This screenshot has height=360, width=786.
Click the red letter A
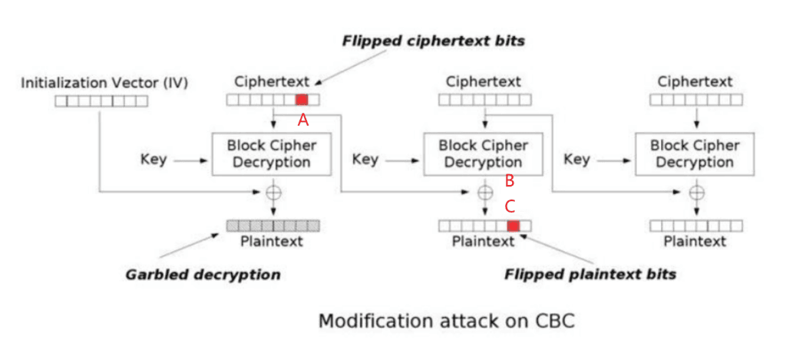[x=303, y=121]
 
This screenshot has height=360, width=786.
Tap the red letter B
[x=508, y=181]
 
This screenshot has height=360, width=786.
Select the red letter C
[x=509, y=206]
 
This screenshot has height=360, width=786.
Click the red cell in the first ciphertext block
[x=302, y=99]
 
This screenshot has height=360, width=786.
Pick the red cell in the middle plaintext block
[x=514, y=226]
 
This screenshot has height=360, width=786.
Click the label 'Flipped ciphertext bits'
[x=433, y=41]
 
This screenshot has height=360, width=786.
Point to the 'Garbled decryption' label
[x=203, y=274]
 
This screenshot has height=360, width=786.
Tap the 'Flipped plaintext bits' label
[x=589, y=274]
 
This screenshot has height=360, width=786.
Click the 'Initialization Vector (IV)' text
[x=104, y=82]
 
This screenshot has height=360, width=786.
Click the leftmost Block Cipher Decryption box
[x=272, y=154]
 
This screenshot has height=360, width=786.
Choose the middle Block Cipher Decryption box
[x=484, y=154]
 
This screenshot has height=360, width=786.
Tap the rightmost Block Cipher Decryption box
[x=695, y=154]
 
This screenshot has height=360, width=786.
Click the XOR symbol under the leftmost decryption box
[x=272, y=192]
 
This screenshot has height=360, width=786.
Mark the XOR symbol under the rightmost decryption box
[x=696, y=192]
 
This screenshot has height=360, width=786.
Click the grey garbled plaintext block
[x=272, y=226]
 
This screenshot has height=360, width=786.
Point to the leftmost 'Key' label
[x=154, y=160]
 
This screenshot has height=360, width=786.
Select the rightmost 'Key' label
[x=577, y=160]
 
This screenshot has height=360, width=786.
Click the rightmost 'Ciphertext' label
[x=695, y=81]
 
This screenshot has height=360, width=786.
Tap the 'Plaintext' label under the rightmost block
[x=695, y=242]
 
